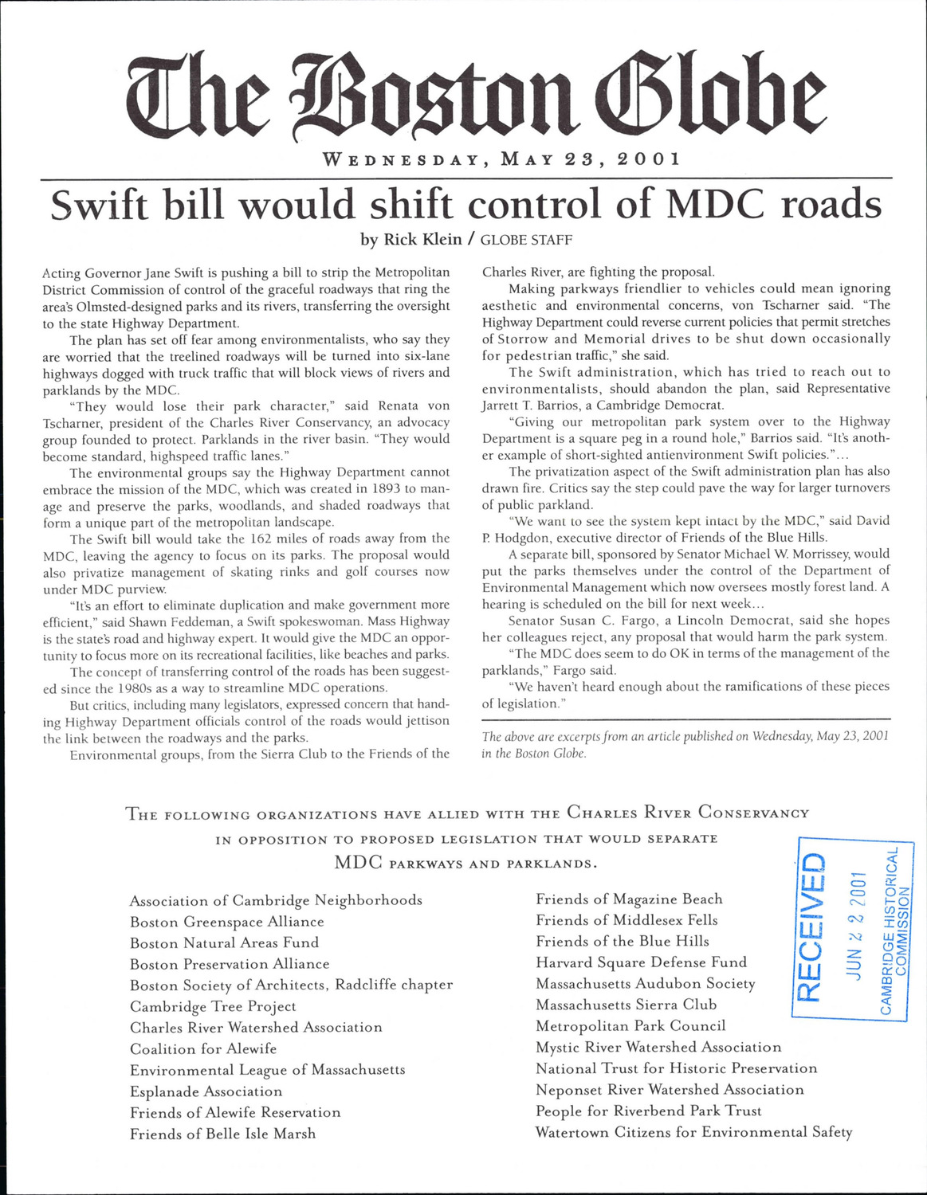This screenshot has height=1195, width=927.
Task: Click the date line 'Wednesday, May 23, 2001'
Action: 501,158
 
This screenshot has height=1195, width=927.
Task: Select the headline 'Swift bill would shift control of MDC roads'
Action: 465,206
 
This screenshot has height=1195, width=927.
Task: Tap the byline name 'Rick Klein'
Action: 422,239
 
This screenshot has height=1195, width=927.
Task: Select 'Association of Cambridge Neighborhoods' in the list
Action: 276,900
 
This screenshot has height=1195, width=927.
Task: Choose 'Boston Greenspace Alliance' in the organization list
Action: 227,922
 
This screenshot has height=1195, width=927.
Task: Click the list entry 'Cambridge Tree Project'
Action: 213,1006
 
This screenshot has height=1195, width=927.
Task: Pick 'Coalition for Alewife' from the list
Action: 203,1048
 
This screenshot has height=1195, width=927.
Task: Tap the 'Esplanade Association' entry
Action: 206,1091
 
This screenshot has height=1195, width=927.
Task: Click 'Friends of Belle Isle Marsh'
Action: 223,1134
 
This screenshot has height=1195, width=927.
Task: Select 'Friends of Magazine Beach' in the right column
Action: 629,899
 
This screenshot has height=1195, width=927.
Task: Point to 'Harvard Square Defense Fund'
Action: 642,962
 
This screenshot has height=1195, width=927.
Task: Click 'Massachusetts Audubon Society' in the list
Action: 646,984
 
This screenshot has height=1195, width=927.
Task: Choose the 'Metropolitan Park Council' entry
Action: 630,1026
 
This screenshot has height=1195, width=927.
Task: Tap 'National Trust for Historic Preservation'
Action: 677,1068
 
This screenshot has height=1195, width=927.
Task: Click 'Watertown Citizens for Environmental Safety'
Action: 693,1132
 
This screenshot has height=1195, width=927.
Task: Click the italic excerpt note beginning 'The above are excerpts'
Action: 685,744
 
